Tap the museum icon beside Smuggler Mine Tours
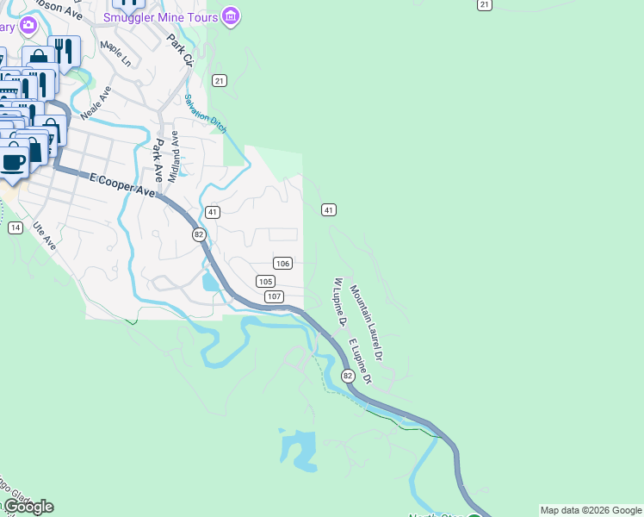(230, 16)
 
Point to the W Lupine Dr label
(339, 302)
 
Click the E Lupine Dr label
(360, 362)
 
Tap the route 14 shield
(15, 227)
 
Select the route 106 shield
(282, 263)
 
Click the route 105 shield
(265, 282)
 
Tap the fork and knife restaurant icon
(64, 50)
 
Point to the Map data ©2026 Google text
(591, 510)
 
